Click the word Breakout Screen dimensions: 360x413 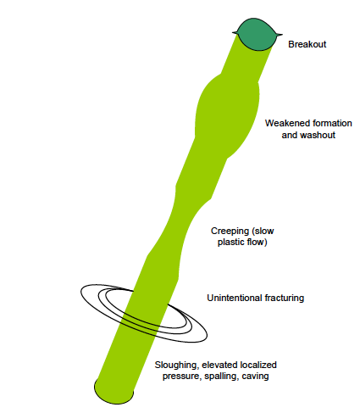click(x=307, y=44)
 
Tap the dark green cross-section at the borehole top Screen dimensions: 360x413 click(x=256, y=34)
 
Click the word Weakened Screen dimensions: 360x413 click(x=285, y=123)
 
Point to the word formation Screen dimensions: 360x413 click(x=330, y=123)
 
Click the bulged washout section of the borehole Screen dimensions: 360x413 click(x=227, y=116)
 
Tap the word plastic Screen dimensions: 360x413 click(x=230, y=243)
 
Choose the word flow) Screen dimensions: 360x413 click(x=256, y=243)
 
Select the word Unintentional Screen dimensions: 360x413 click(x=235, y=298)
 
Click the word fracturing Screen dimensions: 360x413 click(x=285, y=299)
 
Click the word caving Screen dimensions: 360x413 click(x=257, y=377)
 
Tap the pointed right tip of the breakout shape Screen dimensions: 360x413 click(x=282, y=35)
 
